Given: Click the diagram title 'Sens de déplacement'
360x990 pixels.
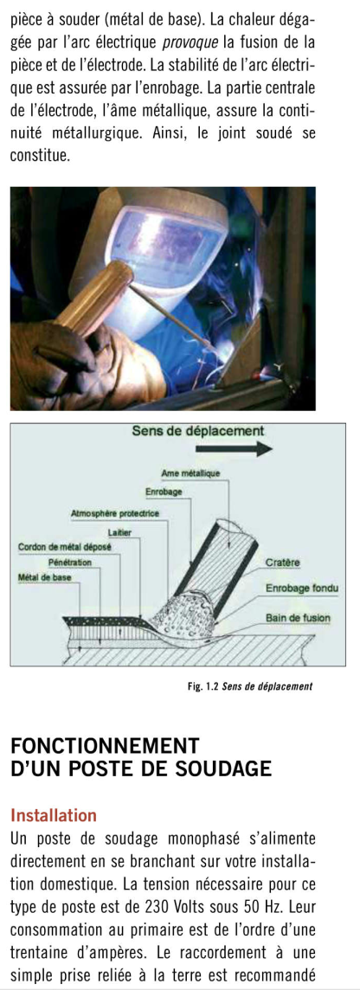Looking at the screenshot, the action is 197,431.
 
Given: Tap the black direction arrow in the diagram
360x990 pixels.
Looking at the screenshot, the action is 234,449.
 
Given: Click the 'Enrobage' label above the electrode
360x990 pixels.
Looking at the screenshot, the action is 164,492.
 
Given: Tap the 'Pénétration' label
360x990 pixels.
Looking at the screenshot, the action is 70,562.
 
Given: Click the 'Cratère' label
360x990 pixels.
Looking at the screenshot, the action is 282,562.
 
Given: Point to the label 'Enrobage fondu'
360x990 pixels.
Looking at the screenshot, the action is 302,588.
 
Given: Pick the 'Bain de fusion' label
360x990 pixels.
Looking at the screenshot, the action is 298,618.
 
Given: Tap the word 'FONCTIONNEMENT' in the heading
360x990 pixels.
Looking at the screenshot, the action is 105,745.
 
